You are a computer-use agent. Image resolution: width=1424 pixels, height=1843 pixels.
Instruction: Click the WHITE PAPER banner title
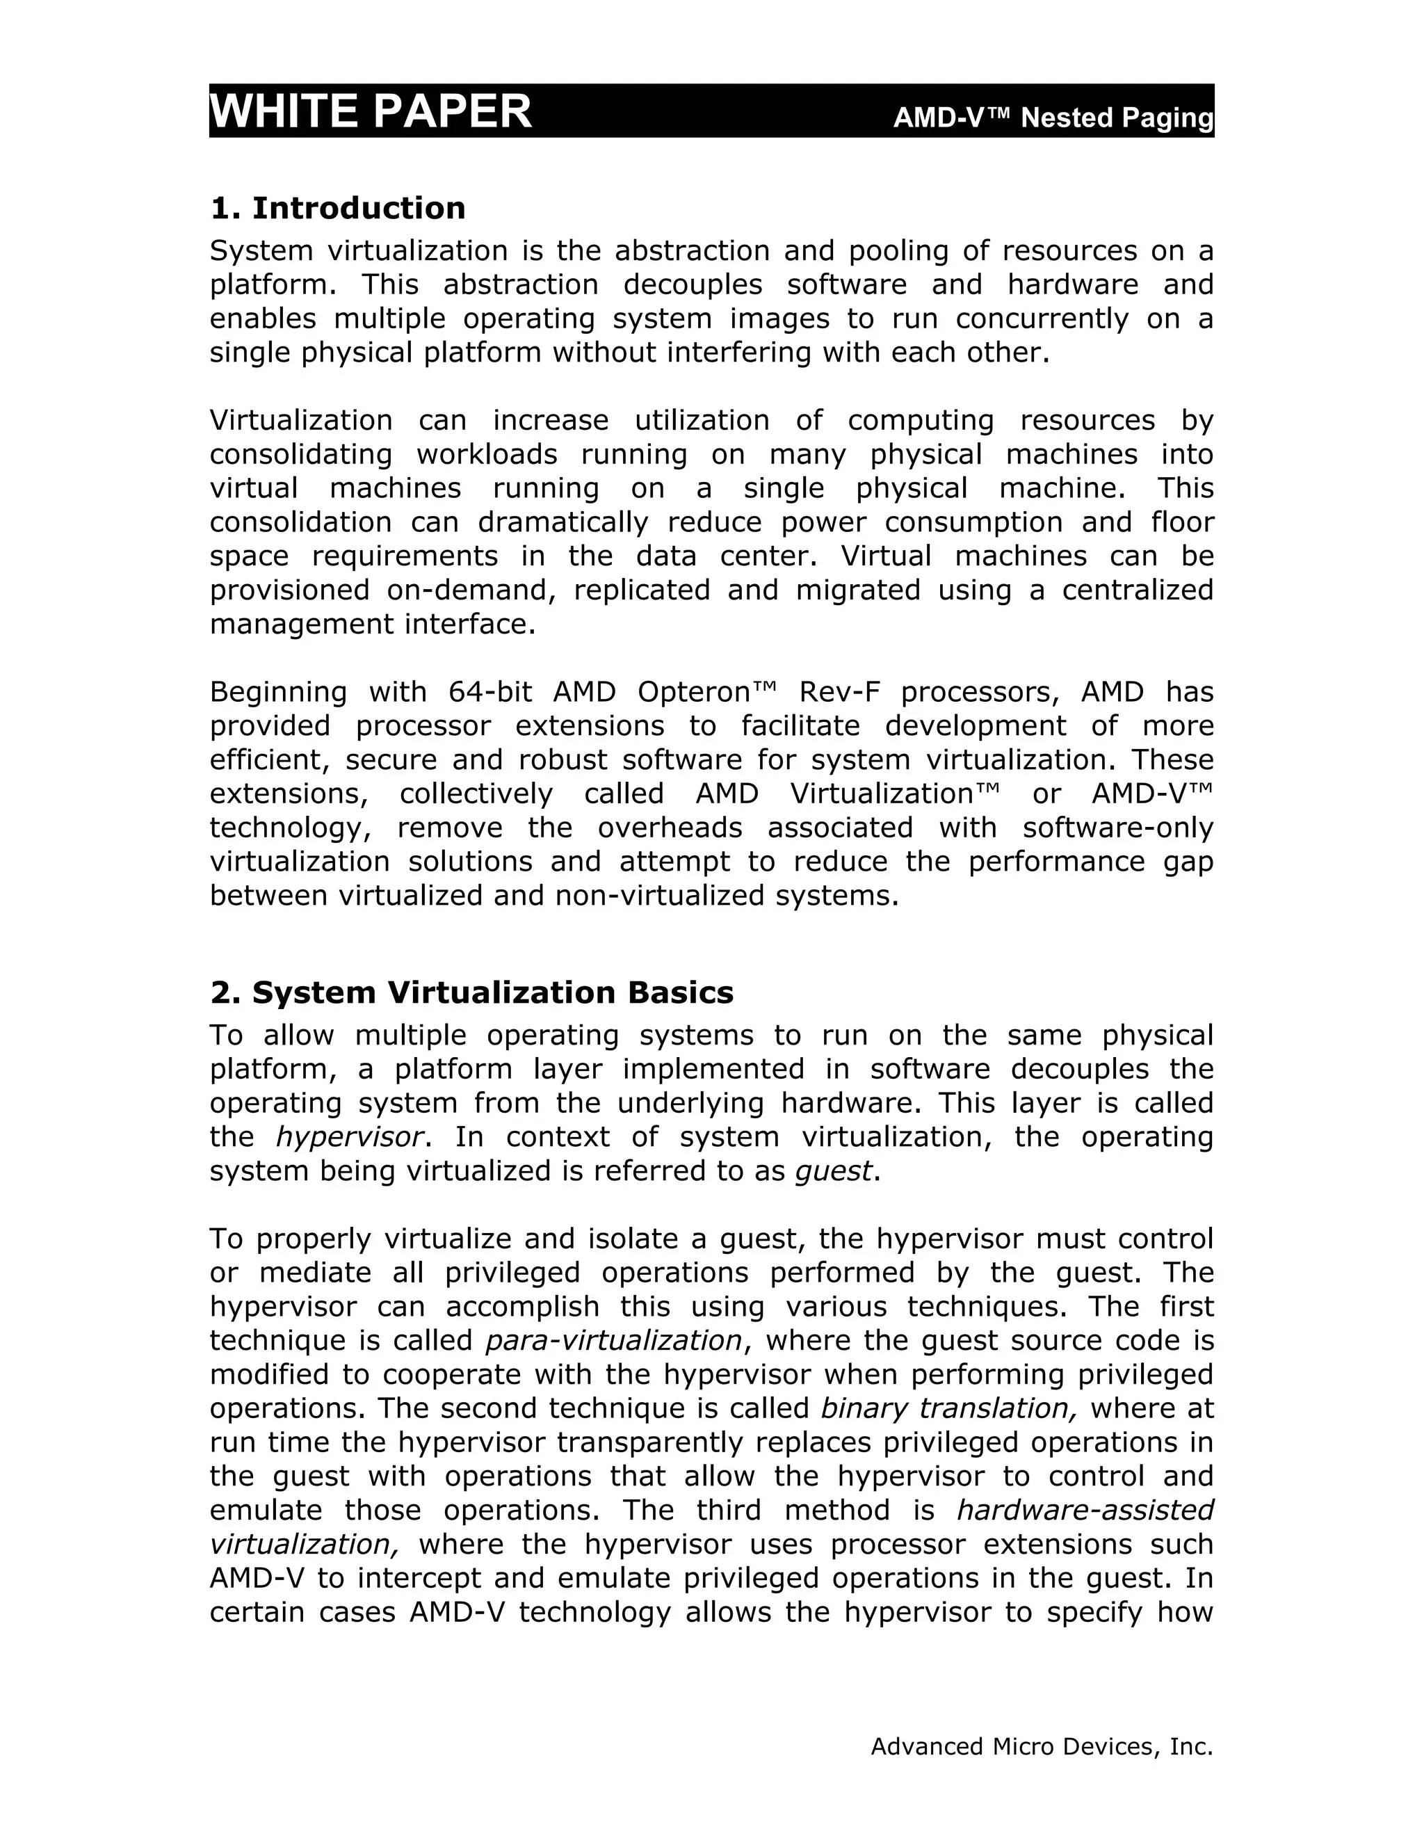pyautogui.click(x=371, y=111)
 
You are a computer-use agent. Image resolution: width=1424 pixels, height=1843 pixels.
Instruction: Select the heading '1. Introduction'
pyautogui.click(x=337, y=207)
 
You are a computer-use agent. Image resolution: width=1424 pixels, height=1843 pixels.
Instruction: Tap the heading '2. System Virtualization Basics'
pyautogui.click(x=471, y=992)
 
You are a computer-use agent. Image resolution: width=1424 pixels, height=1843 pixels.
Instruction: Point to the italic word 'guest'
pyautogui.click(x=832, y=1171)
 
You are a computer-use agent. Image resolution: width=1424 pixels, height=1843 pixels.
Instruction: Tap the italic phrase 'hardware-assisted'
pyautogui.click(x=1085, y=1510)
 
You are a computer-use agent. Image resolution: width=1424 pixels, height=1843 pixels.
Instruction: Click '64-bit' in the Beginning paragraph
pyautogui.click(x=490, y=692)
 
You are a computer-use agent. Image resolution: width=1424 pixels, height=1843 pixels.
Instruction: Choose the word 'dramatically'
pyautogui.click(x=563, y=522)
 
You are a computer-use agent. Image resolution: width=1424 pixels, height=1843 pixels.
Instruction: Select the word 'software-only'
pyautogui.click(x=1118, y=828)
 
